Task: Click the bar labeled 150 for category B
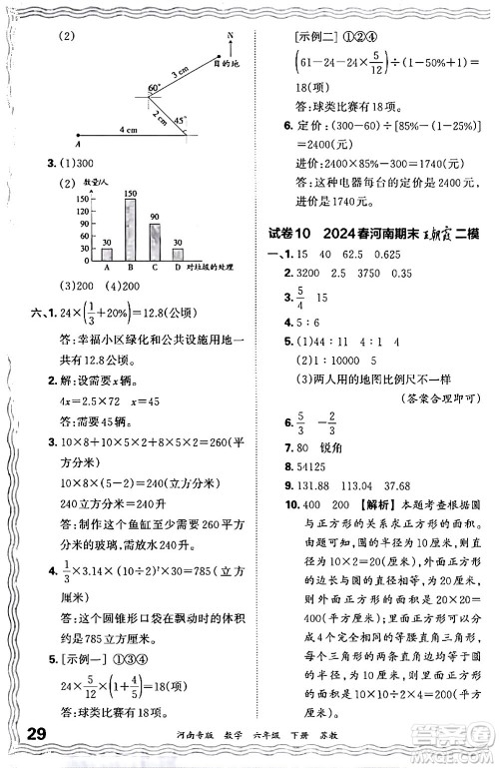click(130, 230)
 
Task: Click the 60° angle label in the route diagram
click(155, 88)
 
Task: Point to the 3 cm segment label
click(181, 72)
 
